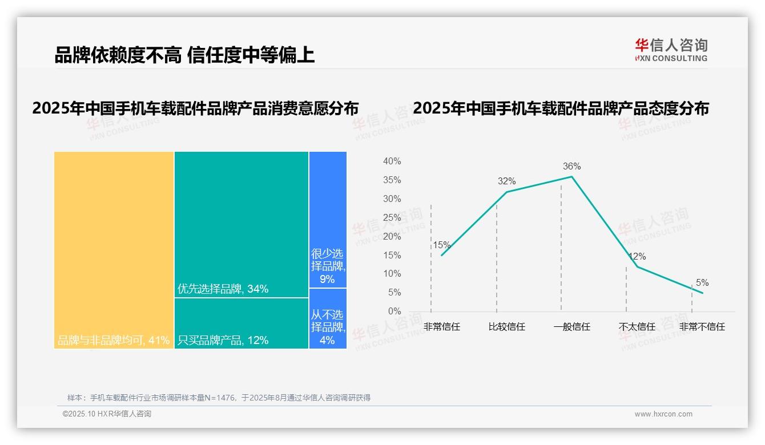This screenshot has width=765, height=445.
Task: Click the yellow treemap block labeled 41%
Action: point(114,250)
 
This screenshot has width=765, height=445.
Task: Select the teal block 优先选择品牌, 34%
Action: point(241,224)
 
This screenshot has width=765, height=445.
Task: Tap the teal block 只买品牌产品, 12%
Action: point(241,323)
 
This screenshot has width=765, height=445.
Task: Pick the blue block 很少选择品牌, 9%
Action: point(328,220)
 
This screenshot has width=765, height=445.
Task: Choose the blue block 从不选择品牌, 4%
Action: point(328,318)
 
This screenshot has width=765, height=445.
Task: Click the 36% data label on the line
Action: point(571,167)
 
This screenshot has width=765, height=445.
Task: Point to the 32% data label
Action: point(506,181)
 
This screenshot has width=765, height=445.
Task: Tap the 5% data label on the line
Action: point(702,283)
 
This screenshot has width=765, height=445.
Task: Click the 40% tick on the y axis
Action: point(392,161)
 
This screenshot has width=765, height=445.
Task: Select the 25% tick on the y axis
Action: point(392,218)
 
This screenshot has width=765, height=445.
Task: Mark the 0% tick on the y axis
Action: point(394,311)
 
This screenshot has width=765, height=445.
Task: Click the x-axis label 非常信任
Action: point(442,327)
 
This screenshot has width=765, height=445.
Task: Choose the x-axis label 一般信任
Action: point(571,327)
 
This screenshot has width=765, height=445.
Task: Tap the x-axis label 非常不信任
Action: point(702,327)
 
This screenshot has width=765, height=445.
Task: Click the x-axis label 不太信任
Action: point(637,327)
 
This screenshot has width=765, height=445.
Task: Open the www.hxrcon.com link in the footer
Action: point(663,414)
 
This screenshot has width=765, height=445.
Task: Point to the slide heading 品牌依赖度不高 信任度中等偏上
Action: point(184,55)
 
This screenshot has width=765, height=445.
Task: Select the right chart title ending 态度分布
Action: point(561,108)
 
